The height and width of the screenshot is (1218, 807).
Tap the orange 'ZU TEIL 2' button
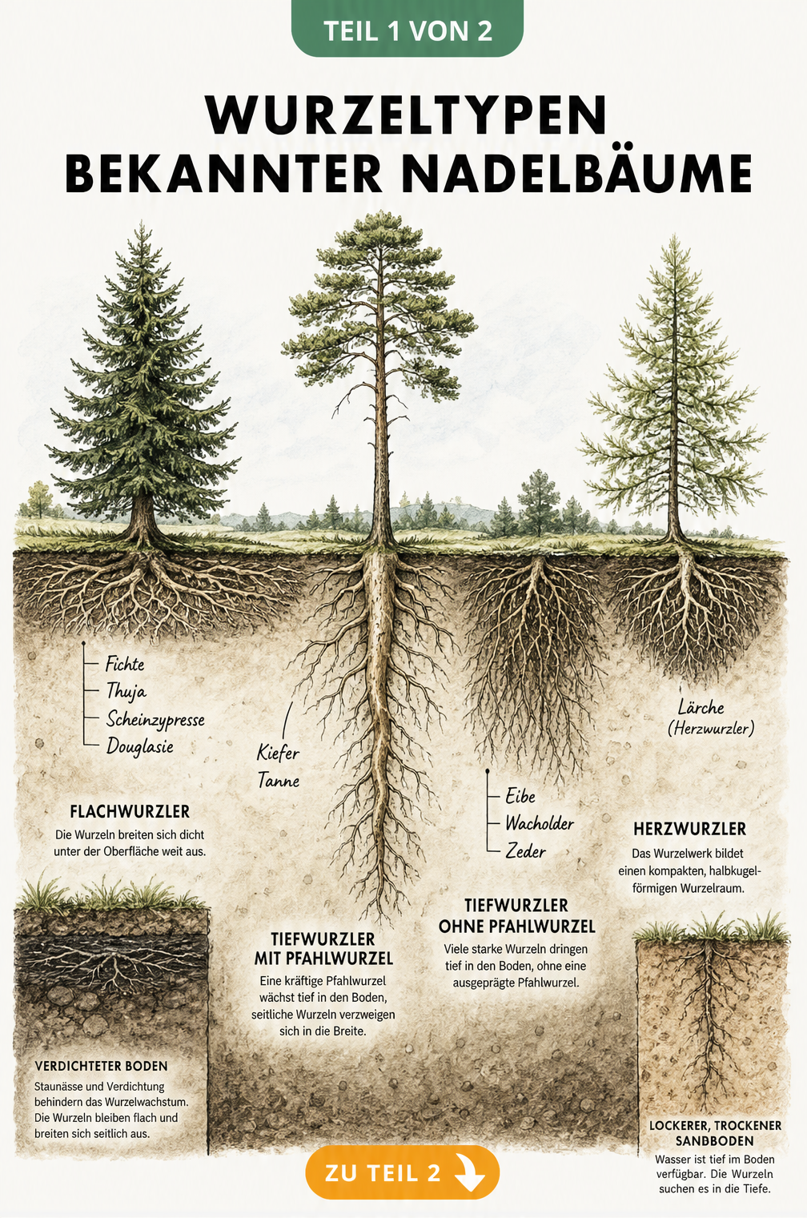point(402,1172)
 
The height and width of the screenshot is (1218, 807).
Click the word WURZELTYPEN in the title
point(406,116)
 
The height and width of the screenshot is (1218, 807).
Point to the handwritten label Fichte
point(125,665)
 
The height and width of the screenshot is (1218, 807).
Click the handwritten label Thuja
point(126,692)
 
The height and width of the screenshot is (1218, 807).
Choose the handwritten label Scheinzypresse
point(155,720)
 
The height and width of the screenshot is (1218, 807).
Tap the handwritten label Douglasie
point(140,746)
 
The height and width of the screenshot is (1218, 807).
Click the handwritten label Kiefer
point(278,753)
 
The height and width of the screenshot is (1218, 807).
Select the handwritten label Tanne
point(278,781)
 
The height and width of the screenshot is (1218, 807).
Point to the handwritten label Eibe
point(520,796)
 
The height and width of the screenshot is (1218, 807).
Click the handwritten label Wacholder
point(540,823)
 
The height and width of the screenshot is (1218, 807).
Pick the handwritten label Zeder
point(525,850)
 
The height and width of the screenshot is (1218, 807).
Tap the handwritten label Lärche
point(701,707)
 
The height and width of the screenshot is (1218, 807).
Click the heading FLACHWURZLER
point(130,812)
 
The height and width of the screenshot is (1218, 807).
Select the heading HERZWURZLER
point(689,830)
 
